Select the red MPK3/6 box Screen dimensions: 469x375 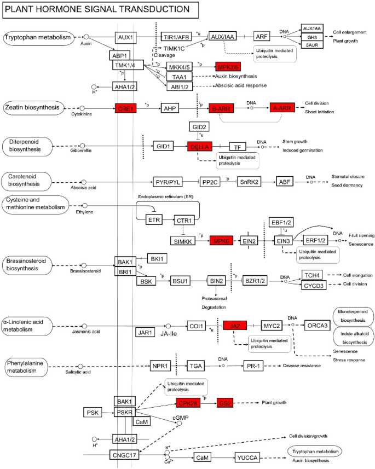tap(229, 66)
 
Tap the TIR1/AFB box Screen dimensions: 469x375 tap(176, 37)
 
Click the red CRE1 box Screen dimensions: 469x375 tap(125, 108)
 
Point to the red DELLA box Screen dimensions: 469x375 tap(199, 147)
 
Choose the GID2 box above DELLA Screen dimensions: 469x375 tap(199, 126)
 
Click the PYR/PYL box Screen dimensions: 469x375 tap(166, 182)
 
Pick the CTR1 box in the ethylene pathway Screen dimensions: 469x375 tap(184, 220)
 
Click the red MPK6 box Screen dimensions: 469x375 tap(222, 241)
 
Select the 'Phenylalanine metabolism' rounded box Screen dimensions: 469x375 tap(30, 367)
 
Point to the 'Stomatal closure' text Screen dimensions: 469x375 tap(348, 177)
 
